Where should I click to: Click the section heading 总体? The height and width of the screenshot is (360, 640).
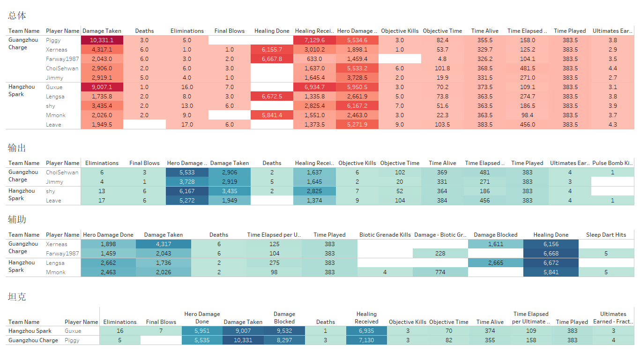(17, 15)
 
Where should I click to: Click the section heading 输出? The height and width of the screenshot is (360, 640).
(17, 148)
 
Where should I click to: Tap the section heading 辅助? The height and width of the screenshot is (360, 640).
(17, 219)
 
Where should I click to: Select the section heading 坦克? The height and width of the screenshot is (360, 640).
(17, 297)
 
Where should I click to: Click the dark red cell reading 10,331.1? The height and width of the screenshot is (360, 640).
(102, 40)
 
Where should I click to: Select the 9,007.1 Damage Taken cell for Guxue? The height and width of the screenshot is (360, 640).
(102, 87)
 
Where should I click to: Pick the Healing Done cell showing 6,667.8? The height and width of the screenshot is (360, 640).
(272, 59)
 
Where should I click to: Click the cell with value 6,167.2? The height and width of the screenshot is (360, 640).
(357, 106)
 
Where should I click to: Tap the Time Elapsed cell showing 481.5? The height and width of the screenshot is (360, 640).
(527, 68)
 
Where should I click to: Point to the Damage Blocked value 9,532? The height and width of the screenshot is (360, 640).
(284, 331)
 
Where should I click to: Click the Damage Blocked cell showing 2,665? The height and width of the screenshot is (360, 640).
(495, 263)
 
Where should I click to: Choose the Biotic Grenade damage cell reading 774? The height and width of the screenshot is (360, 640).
(440, 272)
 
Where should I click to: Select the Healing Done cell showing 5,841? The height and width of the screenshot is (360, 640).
(551, 272)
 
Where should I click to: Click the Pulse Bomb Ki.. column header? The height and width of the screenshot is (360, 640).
(612, 163)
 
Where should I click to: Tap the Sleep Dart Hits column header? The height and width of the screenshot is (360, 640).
(606, 235)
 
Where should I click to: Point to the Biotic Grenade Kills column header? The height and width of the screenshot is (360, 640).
(385, 235)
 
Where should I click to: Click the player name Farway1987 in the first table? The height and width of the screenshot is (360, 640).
(62, 59)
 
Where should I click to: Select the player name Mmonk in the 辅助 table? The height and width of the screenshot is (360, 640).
(56, 272)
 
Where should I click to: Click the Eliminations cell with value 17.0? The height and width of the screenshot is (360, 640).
(187, 125)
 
